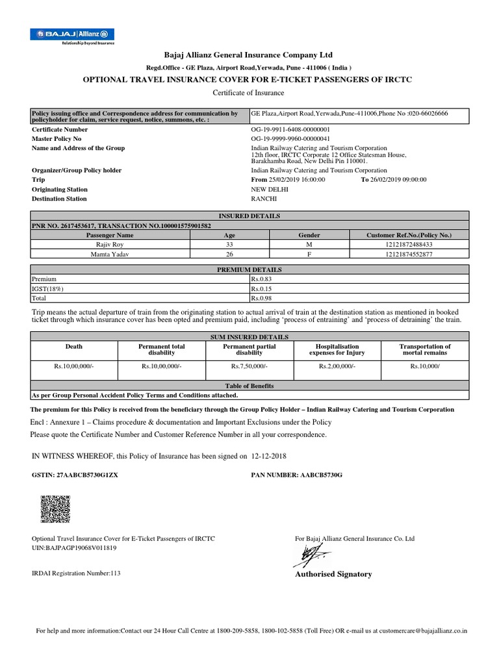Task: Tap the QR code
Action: tap(56, 508)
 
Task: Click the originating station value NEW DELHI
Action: tap(269, 189)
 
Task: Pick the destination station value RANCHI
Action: tap(264, 199)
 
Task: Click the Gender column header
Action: tap(309, 234)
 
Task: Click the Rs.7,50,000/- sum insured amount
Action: tap(249, 366)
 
